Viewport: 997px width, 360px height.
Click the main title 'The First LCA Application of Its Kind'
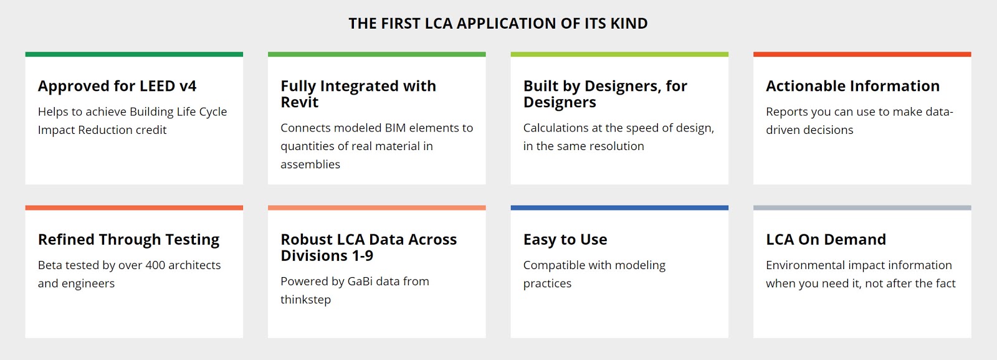[498, 24]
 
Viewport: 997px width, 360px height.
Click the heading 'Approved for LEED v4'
[117, 86]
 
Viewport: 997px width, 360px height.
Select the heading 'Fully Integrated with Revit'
[358, 94]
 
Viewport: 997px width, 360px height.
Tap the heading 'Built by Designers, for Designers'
[605, 94]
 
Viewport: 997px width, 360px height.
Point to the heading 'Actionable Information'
[852, 86]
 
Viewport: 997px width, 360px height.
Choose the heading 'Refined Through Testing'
[128, 240]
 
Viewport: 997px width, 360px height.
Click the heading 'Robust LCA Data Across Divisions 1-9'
[368, 247]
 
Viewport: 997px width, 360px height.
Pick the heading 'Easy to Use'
[565, 240]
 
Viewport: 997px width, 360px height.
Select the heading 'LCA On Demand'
[826, 240]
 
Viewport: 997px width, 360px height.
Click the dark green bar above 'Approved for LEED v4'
[134, 54]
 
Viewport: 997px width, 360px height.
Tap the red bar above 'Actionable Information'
[862, 54]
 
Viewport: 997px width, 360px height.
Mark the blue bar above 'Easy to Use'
[619, 207]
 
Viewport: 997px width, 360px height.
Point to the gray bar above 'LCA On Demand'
[862, 207]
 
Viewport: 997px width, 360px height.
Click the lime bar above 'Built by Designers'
[619, 54]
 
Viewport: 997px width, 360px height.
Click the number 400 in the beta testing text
[155, 265]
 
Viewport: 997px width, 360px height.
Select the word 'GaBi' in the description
[360, 282]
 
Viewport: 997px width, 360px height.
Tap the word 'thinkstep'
[305, 300]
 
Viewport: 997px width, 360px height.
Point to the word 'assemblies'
[310, 164]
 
